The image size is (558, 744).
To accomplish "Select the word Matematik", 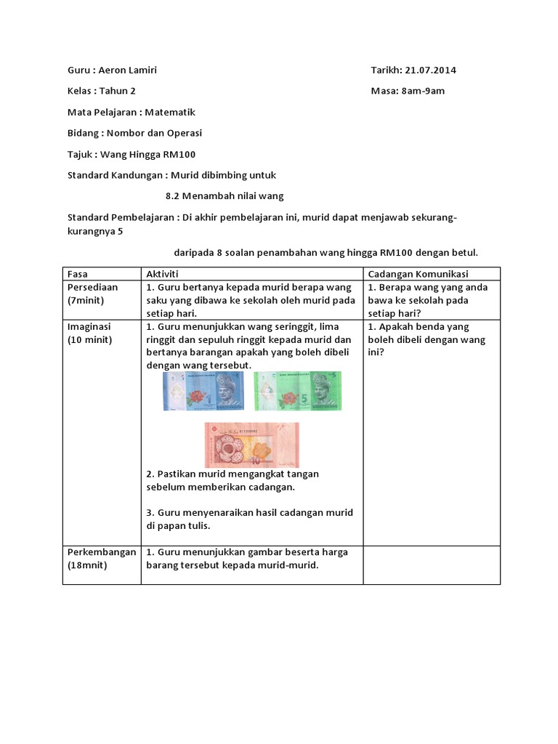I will (x=170, y=113).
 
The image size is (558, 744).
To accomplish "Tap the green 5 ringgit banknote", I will (x=297, y=391).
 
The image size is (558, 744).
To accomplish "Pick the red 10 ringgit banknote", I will (x=251, y=445).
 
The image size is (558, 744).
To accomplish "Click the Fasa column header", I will (x=77, y=274).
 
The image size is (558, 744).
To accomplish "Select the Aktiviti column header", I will (x=163, y=274).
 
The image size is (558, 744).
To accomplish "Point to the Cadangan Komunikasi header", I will (x=418, y=274).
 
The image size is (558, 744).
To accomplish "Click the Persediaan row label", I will (x=92, y=287).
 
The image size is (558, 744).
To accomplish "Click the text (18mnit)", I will (x=87, y=565).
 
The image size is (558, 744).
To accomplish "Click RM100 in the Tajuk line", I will (x=179, y=155).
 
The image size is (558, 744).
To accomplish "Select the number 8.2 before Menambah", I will (x=172, y=196).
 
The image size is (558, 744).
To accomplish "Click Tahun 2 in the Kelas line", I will (x=118, y=92).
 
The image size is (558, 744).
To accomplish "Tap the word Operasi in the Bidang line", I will (x=185, y=134).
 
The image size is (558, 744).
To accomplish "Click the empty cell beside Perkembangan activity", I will (x=432, y=565).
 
